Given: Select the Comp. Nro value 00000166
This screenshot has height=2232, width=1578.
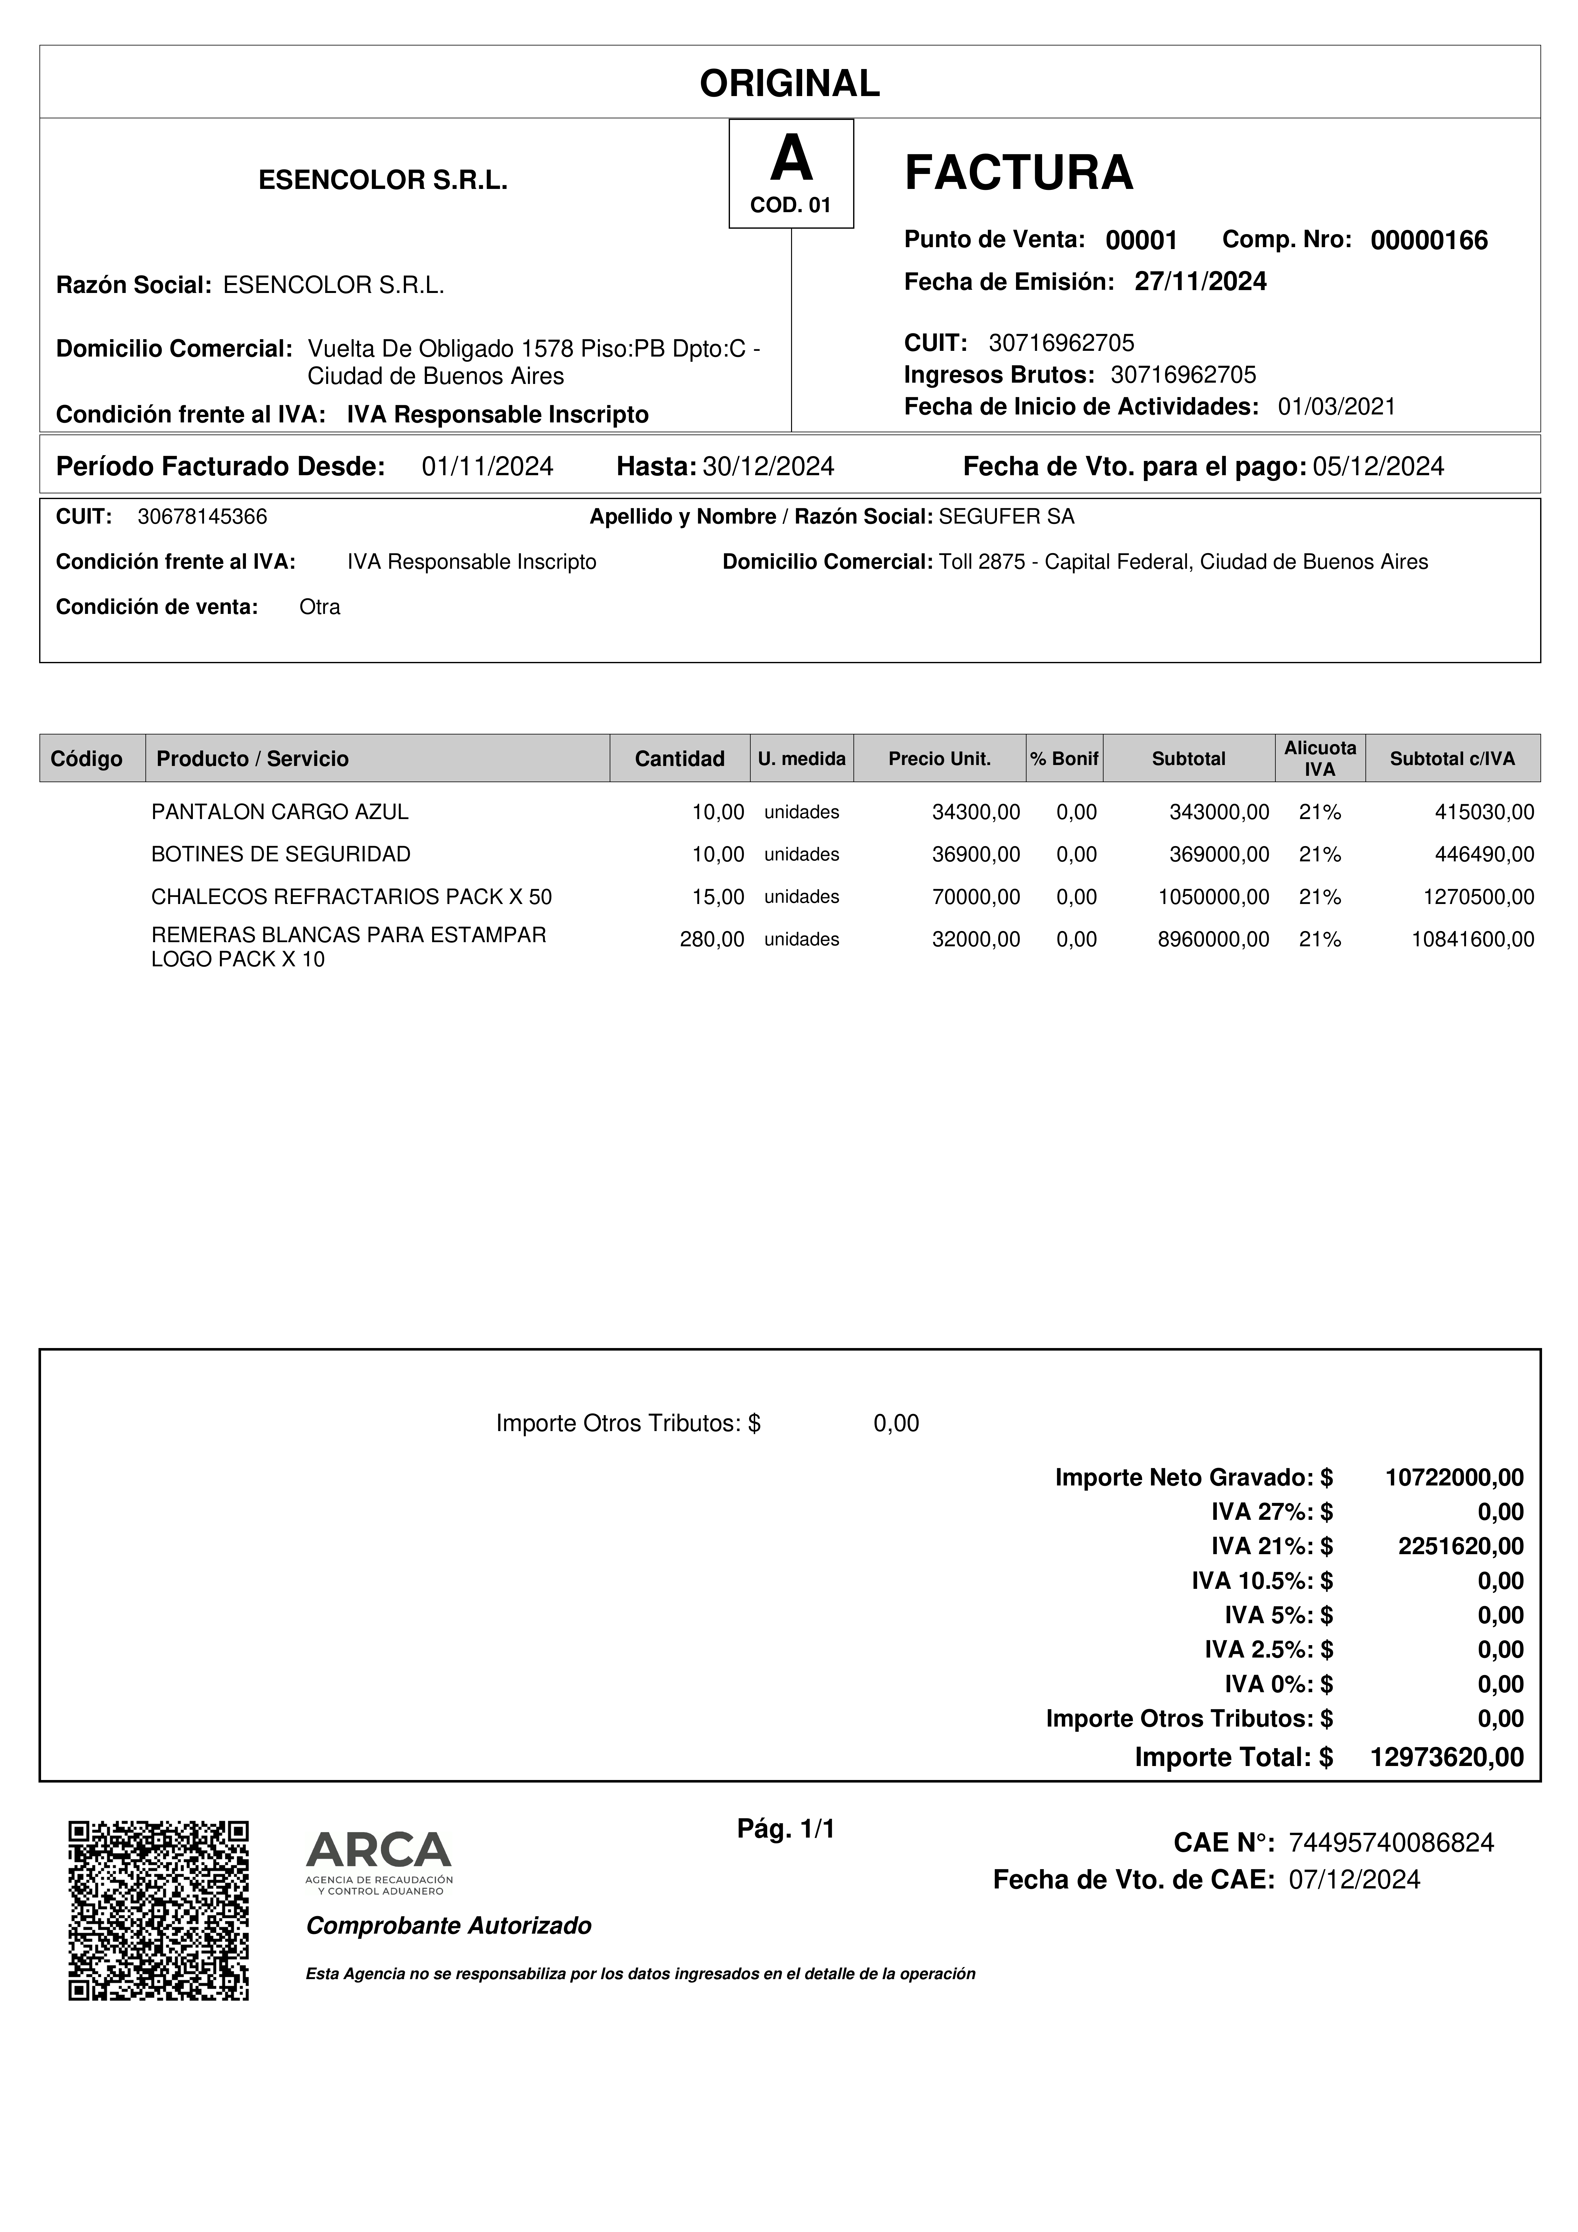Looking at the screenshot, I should point(1428,241).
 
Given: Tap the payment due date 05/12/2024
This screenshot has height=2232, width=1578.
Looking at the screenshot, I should point(1378,467).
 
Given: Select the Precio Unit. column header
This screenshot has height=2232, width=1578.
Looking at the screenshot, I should point(939,758).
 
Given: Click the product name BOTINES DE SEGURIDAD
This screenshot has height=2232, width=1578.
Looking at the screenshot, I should point(281,854).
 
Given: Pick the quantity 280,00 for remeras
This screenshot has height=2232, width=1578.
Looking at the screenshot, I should point(712,939).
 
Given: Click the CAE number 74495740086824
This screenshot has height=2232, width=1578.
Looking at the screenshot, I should point(1390,1842).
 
